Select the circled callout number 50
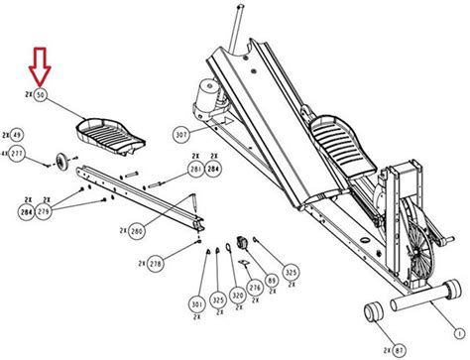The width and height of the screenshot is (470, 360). [x=41, y=96]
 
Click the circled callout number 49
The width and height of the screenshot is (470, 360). [x=18, y=135]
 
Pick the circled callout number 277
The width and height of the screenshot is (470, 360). [x=18, y=156]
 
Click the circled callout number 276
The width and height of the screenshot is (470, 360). [x=256, y=288]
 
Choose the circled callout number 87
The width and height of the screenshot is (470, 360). [x=401, y=349]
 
